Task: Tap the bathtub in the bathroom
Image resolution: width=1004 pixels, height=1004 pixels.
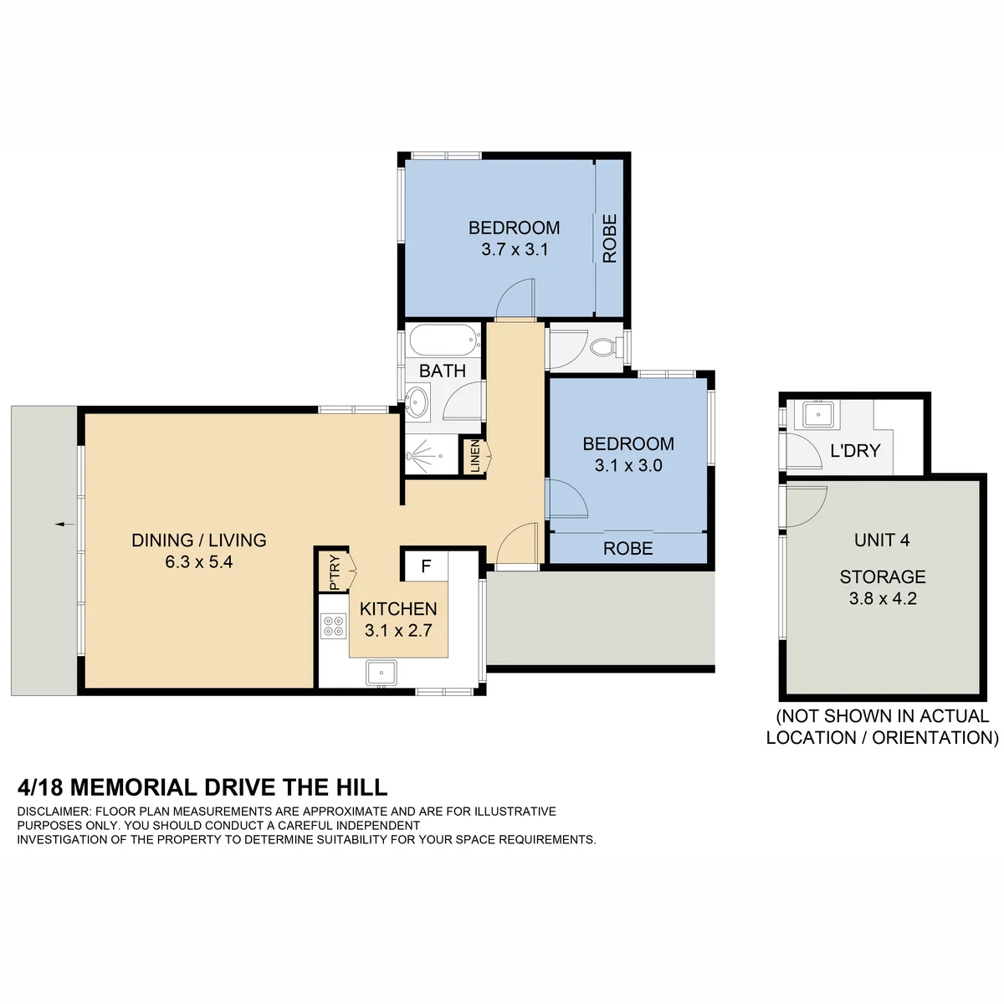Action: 444,341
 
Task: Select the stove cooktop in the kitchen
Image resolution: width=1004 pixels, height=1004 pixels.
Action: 334,627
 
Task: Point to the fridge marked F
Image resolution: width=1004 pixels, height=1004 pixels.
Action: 426,566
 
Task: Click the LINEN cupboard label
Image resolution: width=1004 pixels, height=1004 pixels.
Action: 474,457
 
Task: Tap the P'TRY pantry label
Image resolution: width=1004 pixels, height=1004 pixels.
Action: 335,572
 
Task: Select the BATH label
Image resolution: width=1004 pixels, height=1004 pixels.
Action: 443,371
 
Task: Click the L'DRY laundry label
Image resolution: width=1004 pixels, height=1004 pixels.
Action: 855,450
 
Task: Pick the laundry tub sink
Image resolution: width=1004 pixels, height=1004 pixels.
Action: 818,415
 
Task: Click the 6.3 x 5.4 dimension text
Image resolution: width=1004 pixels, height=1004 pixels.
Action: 198,562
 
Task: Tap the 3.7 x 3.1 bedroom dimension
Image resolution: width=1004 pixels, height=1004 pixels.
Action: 515,249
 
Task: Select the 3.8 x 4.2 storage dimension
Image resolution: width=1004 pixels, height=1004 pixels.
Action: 883,598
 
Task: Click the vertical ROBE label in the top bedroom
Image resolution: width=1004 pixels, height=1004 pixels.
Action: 610,238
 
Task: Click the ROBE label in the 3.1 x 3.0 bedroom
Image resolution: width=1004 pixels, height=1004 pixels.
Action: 627,548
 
